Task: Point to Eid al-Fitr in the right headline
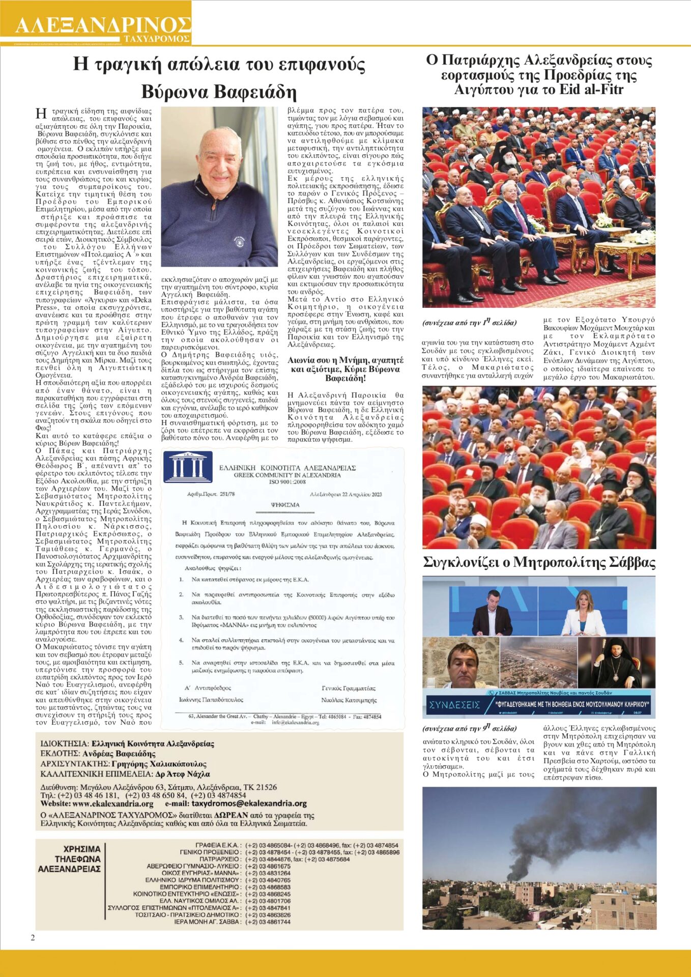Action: coord(596,90)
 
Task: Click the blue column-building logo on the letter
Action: coord(184,466)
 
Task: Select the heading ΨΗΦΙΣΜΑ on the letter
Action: coord(285,505)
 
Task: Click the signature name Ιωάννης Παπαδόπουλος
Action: coord(211,700)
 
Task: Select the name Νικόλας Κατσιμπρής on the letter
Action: coord(349,700)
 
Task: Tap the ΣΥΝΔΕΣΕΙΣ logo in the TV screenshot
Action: coord(454,705)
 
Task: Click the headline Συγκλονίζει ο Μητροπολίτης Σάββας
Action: coord(539,562)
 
